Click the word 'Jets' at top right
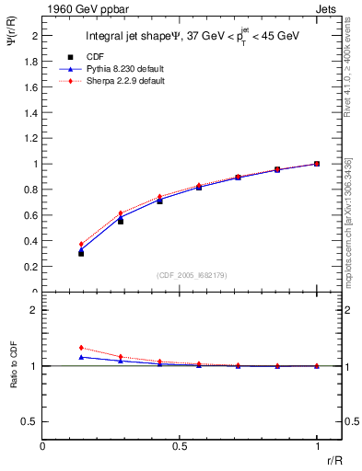327,8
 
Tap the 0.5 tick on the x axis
180,445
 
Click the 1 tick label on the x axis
317,445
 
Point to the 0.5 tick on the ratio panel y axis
30,421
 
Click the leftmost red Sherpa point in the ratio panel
81,348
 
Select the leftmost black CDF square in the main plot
81,253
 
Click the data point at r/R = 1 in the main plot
317,164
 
